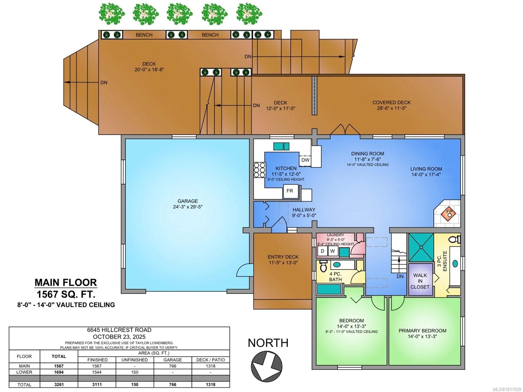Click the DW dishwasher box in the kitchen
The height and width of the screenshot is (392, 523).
[x=305, y=160]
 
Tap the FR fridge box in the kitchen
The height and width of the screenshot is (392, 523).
[x=290, y=191]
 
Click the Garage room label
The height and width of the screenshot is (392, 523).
[x=188, y=201]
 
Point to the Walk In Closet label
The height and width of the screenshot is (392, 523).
[x=420, y=281]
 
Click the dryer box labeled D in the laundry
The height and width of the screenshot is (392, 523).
[x=322, y=251]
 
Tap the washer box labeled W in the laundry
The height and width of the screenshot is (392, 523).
[x=332, y=251]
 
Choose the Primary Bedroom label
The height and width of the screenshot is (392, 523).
[x=422, y=331]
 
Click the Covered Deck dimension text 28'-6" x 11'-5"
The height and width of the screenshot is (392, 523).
[x=391, y=108]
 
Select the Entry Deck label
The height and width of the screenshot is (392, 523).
[x=283, y=257]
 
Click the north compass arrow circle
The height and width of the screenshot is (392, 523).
[x=267, y=366]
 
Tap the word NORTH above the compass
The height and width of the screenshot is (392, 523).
[x=268, y=343]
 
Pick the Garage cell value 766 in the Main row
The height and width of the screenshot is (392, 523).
[x=173, y=366]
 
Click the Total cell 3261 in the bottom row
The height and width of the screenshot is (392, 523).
[x=59, y=384]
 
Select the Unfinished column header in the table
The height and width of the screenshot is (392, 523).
[x=135, y=360]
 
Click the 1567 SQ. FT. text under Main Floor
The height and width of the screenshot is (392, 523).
[x=66, y=294]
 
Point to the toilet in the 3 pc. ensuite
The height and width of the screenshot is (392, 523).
[x=454, y=239]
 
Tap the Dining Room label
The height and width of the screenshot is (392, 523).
[x=367, y=153]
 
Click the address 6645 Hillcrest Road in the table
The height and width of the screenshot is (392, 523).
[x=119, y=330]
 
